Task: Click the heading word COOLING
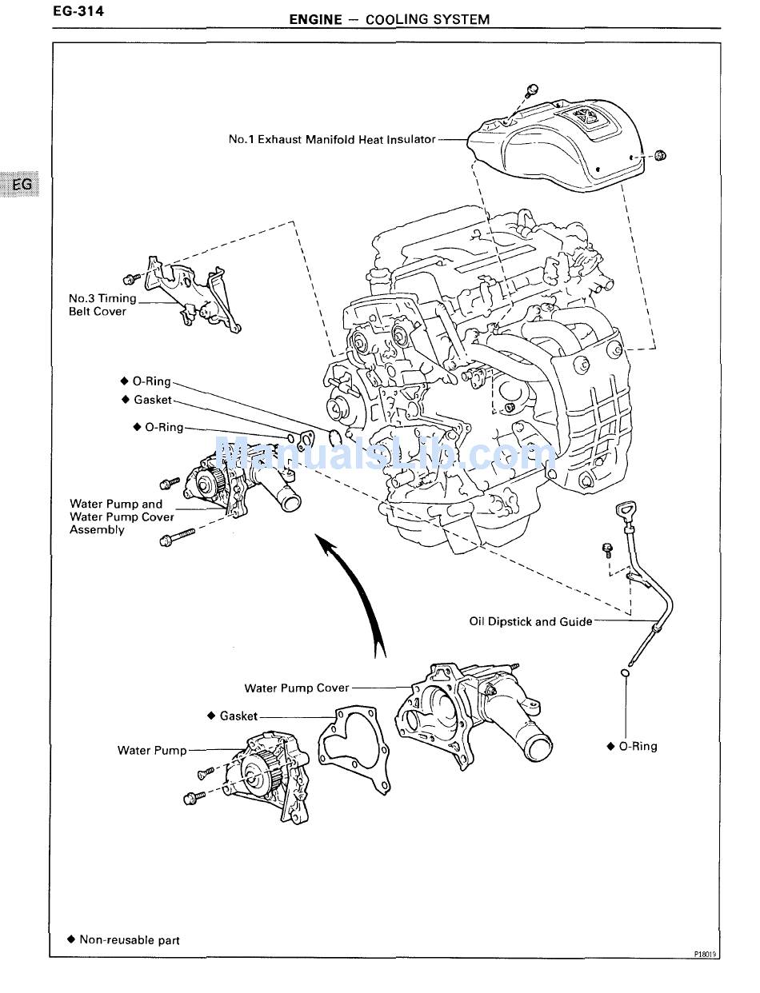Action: (396, 19)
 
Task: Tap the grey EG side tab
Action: (23, 185)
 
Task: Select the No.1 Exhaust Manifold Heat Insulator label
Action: (332, 139)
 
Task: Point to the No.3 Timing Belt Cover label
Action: (102, 305)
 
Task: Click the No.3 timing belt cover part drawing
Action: (197, 295)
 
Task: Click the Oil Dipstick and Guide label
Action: (530, 621)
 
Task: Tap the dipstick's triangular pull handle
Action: (625, 509)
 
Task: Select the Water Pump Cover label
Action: (297, 688)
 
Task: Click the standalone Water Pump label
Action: (152, 750)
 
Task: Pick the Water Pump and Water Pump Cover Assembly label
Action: (122, 516)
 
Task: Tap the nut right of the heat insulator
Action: (661, 155)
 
